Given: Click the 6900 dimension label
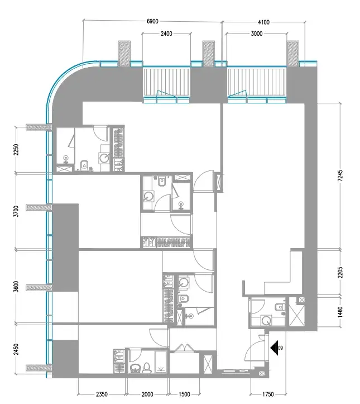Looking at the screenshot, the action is [x=152, y=21].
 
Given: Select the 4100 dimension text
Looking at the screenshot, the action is [x=264, y=22].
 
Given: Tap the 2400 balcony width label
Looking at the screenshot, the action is [x=166, y=34].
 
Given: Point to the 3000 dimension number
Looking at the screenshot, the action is [x=257, y=34].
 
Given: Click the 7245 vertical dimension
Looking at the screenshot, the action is [x=340, y=175].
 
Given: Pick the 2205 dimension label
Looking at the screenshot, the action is [x=340, y=272].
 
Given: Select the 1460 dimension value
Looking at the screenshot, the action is [x=340, y=312].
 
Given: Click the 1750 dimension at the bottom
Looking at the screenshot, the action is [x=268, y=394].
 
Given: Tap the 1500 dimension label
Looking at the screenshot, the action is [x=184, y=394].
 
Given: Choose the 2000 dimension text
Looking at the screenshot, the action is [x=147, y=394].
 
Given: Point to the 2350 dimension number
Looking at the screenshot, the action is [x=102, y=394].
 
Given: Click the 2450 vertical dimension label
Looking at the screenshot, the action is [x=16, y=349].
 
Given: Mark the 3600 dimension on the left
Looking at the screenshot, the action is [x=16, y=286].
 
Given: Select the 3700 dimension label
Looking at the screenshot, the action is [x=16, y=211].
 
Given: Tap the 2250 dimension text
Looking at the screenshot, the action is [x=16, y=150].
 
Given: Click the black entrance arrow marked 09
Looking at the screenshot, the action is [x=274, y=348].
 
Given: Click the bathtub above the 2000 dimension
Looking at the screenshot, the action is [x=161, y=362].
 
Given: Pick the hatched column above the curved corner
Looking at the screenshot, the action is [x=124, y=53].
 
